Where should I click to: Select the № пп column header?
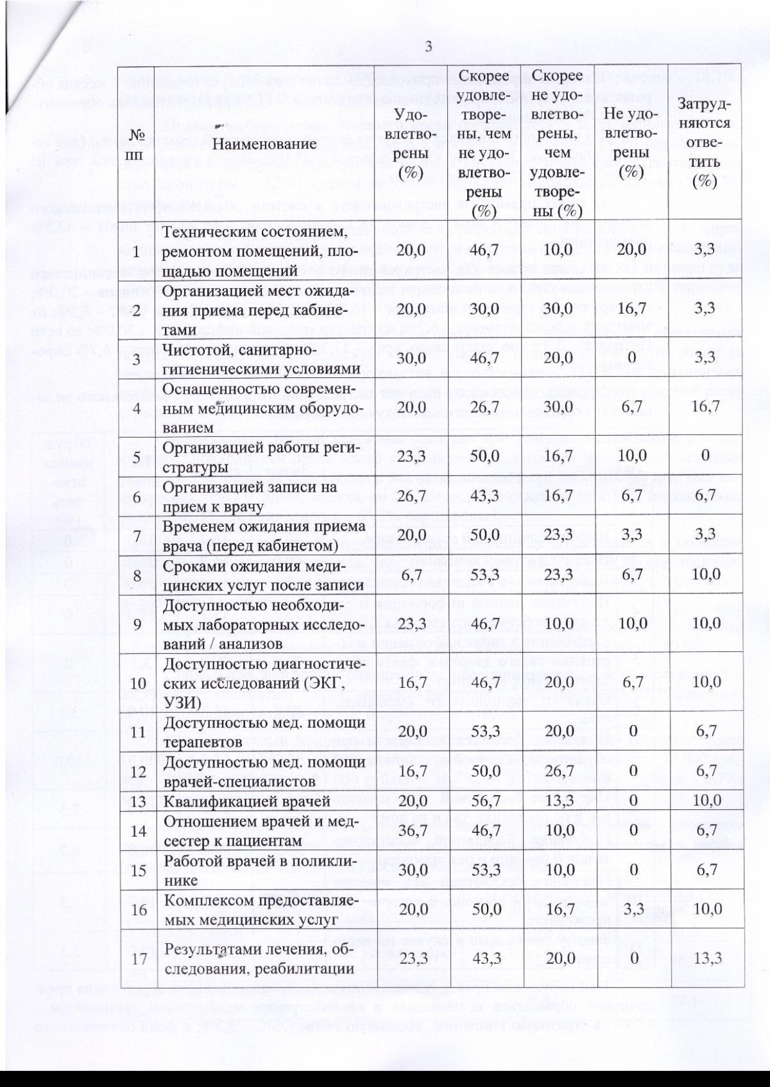137,144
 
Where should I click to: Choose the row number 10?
137,682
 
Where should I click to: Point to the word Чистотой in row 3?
192,350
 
